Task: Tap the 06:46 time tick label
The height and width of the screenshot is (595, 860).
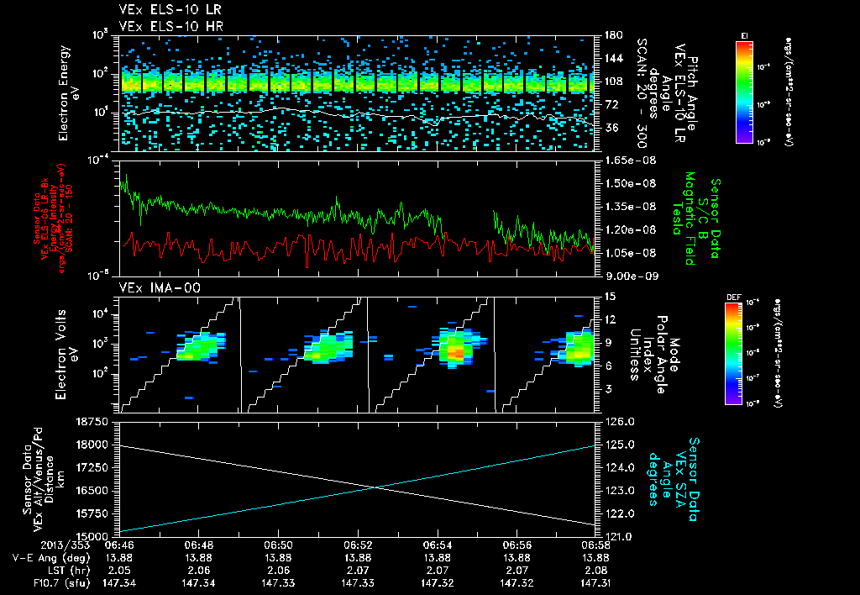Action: [x=119, y=545]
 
